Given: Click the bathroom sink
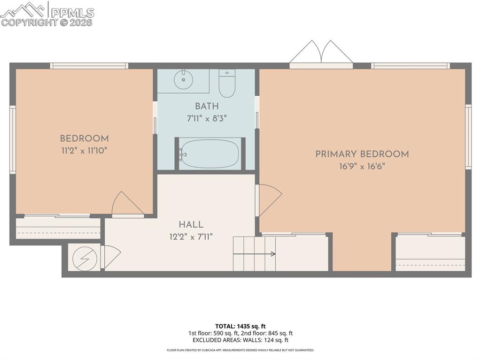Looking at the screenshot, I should [183, 79].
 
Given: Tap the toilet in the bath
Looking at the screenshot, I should [227, 83].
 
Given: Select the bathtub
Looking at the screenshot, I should [209, 153].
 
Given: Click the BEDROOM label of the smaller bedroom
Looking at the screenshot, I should [84, 138].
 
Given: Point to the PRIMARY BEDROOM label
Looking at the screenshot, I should [362, 154].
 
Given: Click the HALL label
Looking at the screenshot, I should [191, 225].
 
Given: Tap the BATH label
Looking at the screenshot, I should [207, 107].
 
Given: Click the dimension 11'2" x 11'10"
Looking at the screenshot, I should [84, 150].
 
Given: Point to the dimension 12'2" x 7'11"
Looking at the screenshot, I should [191, 237].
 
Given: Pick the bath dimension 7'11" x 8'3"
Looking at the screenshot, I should [207, 118].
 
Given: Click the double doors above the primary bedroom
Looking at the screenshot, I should [321, 53].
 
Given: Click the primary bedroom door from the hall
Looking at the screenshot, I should [268, 199].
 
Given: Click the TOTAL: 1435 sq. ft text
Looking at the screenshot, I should [240, 326].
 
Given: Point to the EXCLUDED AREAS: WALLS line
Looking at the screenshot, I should [240, 340].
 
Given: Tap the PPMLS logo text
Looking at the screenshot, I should [72, 13].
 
